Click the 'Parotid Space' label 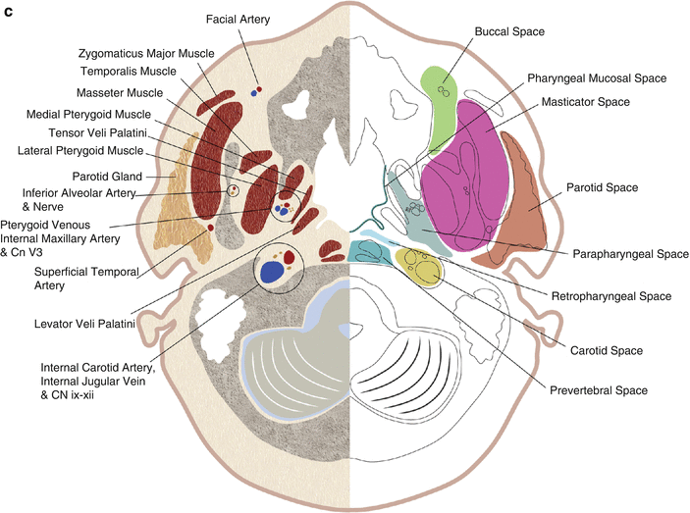pos(603,186)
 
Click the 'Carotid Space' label pos(607,350)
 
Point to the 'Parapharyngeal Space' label pos(628,253)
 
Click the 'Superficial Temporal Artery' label pos(61,278)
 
